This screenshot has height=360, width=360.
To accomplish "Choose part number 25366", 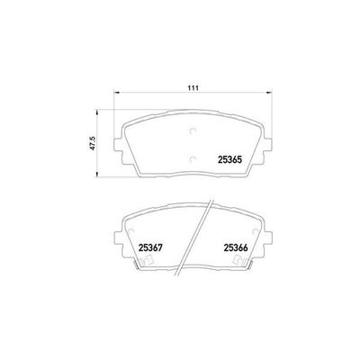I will pos(237,248).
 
